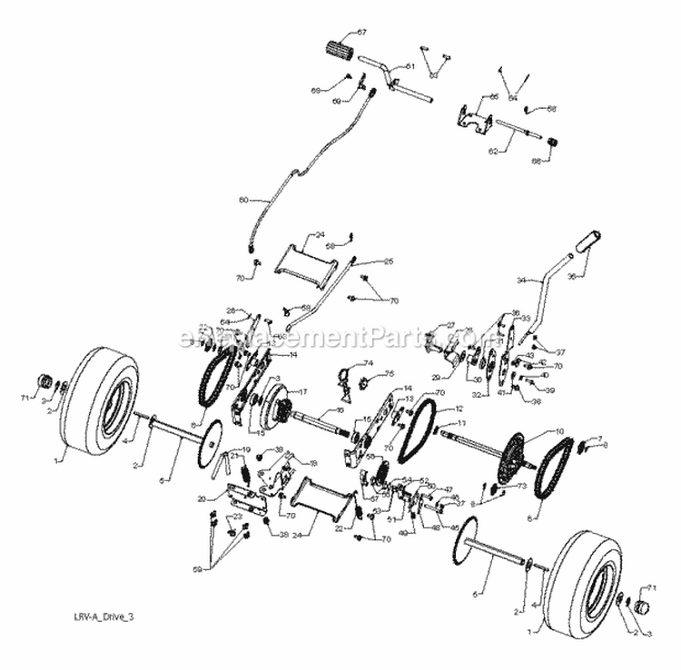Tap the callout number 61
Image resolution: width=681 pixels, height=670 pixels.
pos(410,66)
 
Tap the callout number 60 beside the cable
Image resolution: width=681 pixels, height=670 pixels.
pos(243,200)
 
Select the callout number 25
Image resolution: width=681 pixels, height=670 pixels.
pos(362,261)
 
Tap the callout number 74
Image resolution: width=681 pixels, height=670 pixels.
pos(368,364)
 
